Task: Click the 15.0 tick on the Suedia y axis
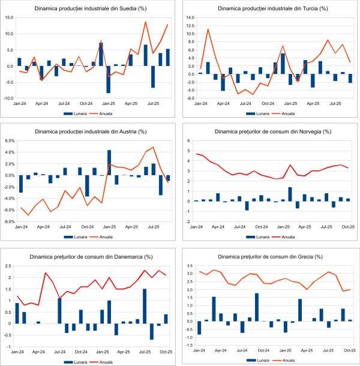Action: pos(9,17)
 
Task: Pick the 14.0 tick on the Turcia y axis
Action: pos(189,18)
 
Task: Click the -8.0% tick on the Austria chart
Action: pos(9,221)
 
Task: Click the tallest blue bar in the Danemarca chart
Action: pos(145,306)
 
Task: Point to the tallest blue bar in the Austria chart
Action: pos(109,162)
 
